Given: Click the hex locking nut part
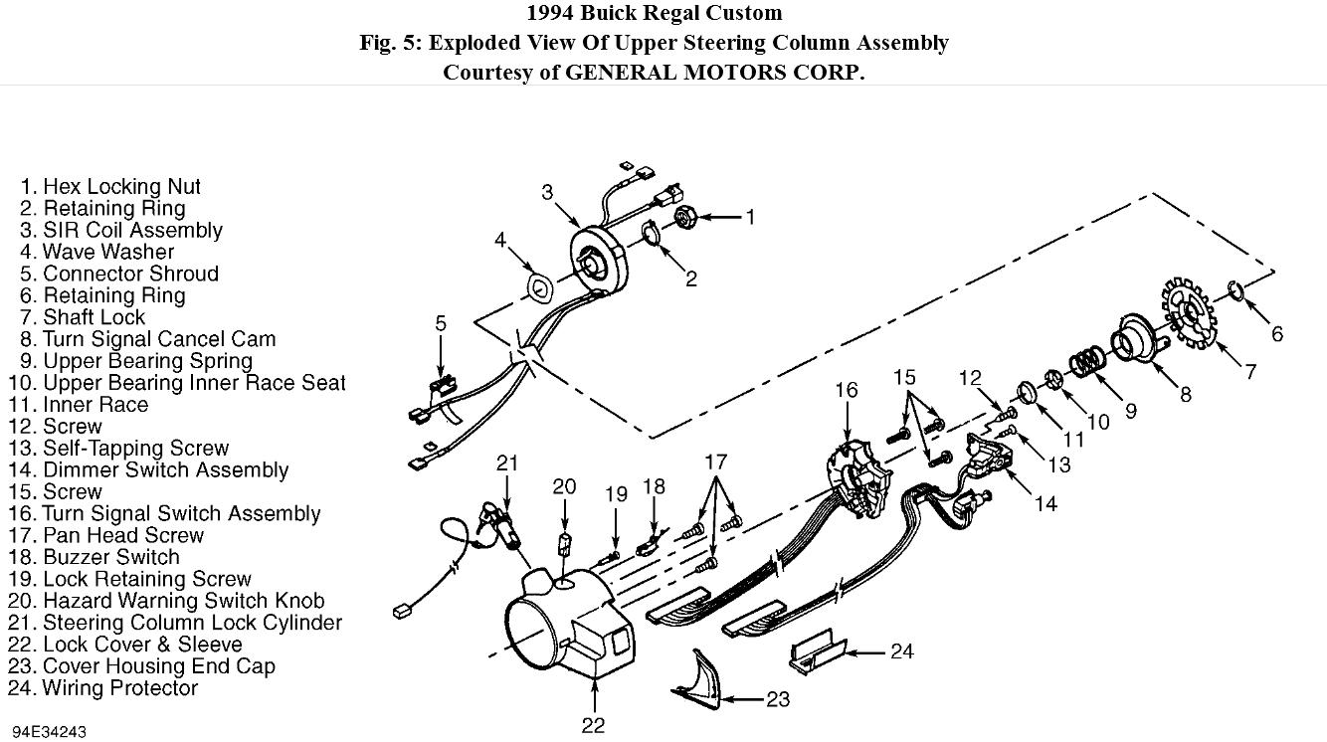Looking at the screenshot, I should click(685, 216).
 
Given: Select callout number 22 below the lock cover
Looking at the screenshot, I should click(593, 725).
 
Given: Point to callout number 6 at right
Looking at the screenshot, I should click(1276, 334).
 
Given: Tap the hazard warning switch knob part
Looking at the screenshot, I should click(564, 545).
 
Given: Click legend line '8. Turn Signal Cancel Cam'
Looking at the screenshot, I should click(147, 339).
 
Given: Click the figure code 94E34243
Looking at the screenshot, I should click(49, 732).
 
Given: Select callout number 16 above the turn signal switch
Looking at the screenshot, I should click(846, 391).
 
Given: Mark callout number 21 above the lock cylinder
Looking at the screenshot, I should click(508, 463).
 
